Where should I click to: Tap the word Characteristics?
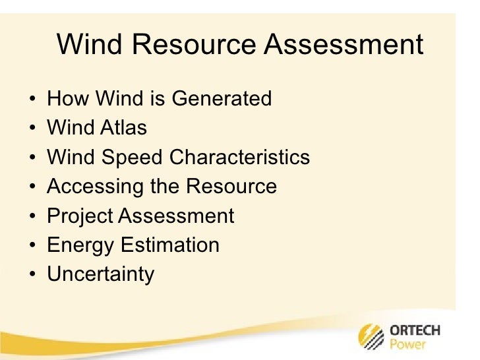coord(239,158)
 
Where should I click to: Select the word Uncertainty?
coord(100,274)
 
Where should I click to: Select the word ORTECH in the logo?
coord(415,330)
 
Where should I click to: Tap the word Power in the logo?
coord(408,344)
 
